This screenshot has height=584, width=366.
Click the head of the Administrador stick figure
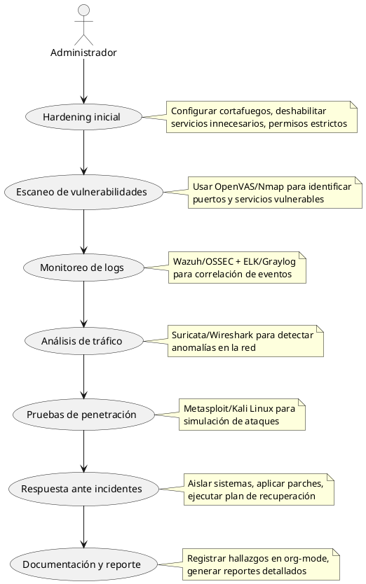pyautogui.click(x=83, y=10)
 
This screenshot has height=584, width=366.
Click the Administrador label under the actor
pyautogui.click(x=83, y=53)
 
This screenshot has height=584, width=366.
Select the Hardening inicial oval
pyautogui.click(x=83, y=117)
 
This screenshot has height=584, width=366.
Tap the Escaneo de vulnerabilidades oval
pyautogui.click(x=83, y=192)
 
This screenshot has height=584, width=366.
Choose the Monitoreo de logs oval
pyautogui.click(x=83, y=267)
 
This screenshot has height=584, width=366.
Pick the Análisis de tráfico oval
pyautogui.click(x=83, y=341)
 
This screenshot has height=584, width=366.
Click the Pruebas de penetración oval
pyautogui.click(x=83, y=415)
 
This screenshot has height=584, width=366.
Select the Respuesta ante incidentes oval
pyautogui.click(x=83, y=489)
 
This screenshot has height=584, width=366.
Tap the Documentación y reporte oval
pyautogui.click(x=83, y=564)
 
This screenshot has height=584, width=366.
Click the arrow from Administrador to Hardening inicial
pyautogui.click(x=83, y=81)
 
